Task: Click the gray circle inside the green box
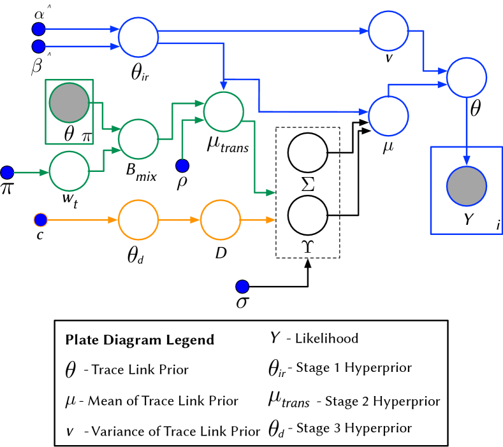69,103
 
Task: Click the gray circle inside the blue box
466,186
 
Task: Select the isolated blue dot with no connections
242,287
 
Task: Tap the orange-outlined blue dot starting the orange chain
41,220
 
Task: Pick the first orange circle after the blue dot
138,220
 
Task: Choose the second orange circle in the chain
221,220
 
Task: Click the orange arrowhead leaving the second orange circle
270,220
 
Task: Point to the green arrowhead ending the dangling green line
270,192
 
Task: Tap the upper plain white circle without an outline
308,153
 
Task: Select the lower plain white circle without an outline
308,215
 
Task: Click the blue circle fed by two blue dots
138,37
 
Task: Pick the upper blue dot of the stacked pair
38,29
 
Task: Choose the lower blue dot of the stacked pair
38,46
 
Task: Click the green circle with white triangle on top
223,112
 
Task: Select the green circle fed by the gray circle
138,139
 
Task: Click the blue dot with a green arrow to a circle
7,173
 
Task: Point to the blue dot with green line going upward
182,166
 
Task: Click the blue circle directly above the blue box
466,78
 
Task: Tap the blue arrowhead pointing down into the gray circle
466,160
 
